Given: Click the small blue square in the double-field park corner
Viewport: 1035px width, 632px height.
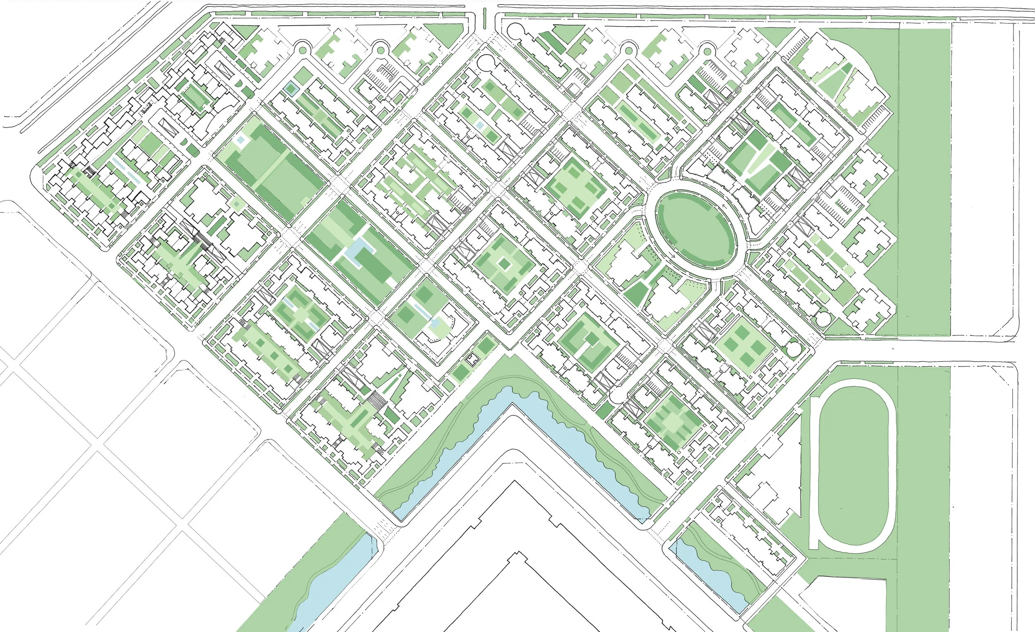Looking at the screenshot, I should [x=241, y=140].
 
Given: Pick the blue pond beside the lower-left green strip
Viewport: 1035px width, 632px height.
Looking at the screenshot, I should [x=332, y=584].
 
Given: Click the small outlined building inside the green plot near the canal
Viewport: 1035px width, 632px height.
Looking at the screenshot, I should [x=472, y=359].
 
